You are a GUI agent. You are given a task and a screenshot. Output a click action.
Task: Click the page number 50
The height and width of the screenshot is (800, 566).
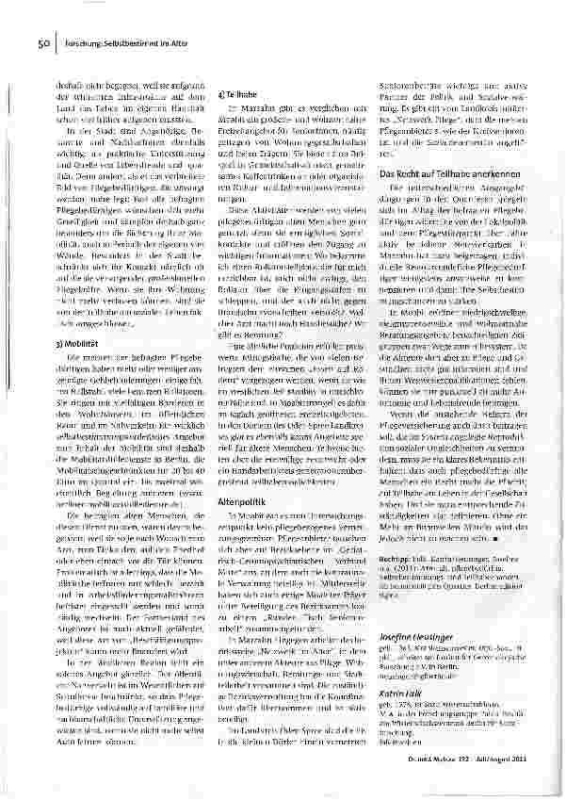43,42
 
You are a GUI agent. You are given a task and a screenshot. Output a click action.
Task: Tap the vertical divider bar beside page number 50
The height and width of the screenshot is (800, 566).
54,42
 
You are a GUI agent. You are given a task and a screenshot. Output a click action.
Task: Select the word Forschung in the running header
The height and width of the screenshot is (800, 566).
81,42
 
